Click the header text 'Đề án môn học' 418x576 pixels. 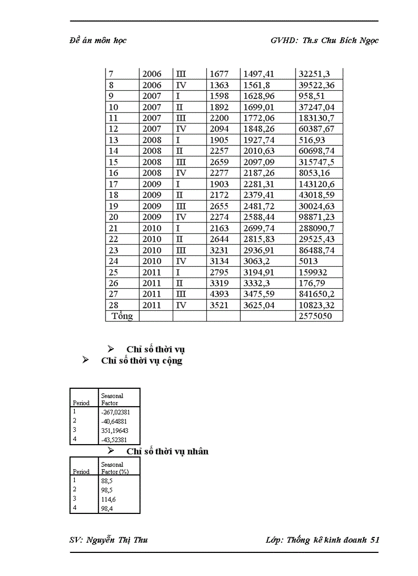pos(98,41)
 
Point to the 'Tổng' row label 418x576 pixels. pos(122,316)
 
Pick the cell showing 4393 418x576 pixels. pos(219,294)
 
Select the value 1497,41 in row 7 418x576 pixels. pos(259,74)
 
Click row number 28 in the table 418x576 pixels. pos(114,305)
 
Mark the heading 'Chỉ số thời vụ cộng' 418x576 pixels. pos(142,361)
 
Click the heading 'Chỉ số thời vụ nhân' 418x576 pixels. pos(168,452)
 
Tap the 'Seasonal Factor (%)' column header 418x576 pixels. pos(115,468)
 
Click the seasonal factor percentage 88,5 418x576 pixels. pos(107,481)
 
